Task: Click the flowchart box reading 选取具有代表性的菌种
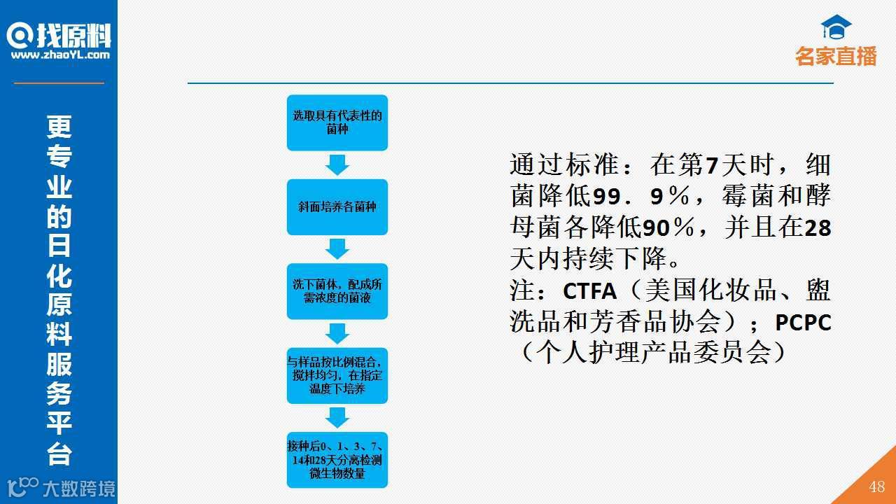337,122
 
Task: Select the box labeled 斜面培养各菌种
337,207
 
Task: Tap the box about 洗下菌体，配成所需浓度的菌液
337,291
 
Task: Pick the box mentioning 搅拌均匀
337,375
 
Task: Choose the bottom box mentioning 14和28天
337,460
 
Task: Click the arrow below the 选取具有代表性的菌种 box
337,164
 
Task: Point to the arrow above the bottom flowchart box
337,417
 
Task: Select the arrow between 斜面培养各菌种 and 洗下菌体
337,248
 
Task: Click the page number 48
876,487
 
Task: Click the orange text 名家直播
836,57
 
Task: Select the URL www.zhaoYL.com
60,55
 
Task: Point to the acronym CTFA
589,290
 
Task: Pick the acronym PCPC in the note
803,323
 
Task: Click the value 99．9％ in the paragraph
637,197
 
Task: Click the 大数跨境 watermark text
78,488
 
